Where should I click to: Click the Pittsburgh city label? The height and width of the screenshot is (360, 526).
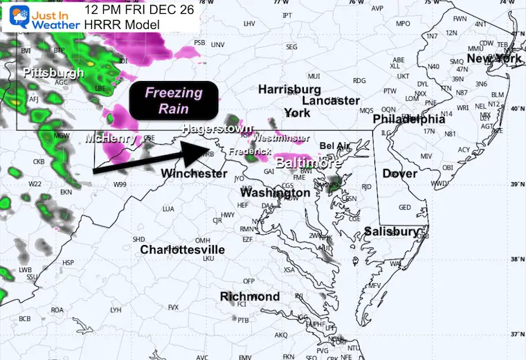click(x=53, y=73)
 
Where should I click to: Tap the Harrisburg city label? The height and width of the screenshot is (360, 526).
click(x=289, y=89)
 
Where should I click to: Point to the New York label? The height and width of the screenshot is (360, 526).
click(x=494, y=59)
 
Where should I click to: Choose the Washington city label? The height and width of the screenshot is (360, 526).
click(x=275, y=193)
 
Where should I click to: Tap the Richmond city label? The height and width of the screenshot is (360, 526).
click(x=250, y=297)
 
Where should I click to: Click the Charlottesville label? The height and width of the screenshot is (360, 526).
click(x=183, y=249)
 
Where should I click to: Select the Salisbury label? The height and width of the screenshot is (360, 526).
click(x=392, y=231)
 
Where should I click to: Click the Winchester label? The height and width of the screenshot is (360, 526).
click(x=194, y=173)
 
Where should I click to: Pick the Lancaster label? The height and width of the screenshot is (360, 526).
click(x=331, y=101)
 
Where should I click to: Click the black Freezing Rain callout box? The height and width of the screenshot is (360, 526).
click(x=173, y=100)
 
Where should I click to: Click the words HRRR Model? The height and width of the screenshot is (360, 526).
click(x=121, y=25)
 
